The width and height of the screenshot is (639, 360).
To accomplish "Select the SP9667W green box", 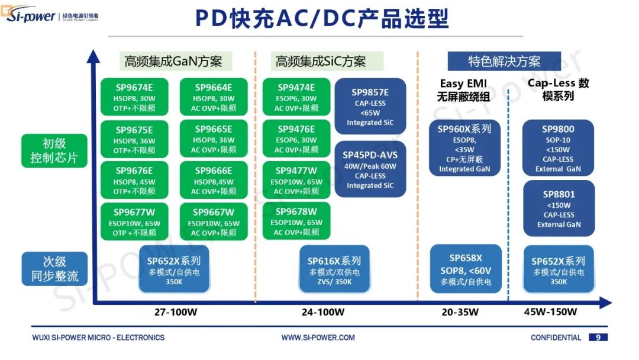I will coord(214,221).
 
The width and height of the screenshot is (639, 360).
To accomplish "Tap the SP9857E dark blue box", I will coord(370,107).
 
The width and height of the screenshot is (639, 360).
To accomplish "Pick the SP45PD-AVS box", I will coord(370,169).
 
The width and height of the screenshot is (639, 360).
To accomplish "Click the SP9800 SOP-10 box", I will coord(558,148).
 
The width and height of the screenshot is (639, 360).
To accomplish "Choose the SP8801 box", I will coord(559,208).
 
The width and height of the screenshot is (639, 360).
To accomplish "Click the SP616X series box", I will coord(334,270).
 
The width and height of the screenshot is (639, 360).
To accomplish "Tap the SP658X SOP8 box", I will coord(466,269).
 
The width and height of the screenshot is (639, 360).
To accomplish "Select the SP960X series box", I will coord(464,148).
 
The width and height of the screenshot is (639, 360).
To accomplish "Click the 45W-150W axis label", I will coord(550,312).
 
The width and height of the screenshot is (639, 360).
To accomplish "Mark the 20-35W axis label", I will coord(460,312).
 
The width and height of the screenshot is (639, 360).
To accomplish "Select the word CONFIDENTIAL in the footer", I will coord(556,337).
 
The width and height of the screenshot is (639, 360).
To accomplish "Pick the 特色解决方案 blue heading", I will coord(504,62).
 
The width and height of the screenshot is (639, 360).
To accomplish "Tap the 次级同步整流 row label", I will coord(54,269).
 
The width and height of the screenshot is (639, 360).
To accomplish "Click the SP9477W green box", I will coord(296,180).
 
